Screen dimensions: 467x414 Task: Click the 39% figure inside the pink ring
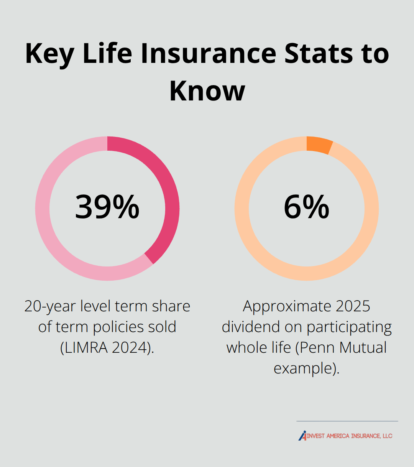[107, 207]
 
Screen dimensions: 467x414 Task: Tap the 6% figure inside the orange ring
[306, 207]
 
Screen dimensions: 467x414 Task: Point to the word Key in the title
[49, 54]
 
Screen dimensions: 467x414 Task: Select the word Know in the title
[207, 91]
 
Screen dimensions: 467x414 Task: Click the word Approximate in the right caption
[287, 306]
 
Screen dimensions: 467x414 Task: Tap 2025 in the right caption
[353, 306]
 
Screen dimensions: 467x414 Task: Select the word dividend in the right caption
[250, 327]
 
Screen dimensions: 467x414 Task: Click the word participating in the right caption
[349, 327]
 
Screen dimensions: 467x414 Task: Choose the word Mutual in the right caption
[363, 348]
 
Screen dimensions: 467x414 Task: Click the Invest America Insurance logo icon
[302, 436]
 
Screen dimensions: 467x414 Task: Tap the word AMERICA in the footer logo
[337, 436]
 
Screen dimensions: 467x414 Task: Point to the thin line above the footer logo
[347, 421]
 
